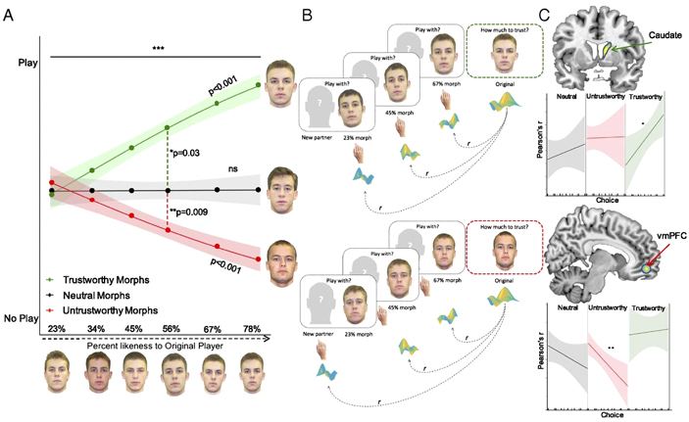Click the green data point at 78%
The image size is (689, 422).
[x=258, y=84]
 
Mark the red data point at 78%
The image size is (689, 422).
[x=258, y=258]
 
